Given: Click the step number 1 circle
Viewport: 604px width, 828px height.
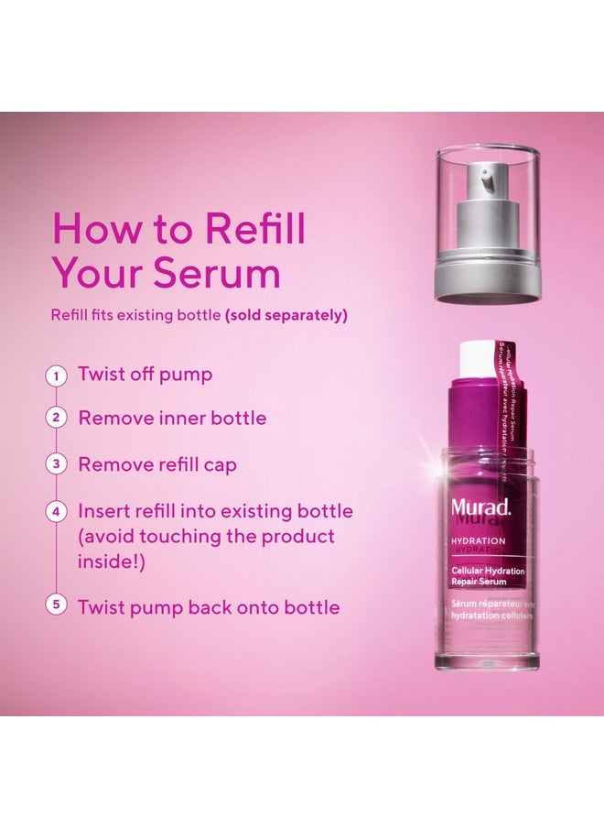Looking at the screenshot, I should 58,375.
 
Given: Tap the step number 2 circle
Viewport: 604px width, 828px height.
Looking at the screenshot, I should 58,419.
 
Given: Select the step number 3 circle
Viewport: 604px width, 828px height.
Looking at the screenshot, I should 58,464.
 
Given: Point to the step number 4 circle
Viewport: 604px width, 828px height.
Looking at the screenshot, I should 58,511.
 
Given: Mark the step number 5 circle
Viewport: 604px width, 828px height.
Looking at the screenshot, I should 58,606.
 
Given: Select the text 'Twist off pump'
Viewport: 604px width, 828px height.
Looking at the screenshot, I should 145,375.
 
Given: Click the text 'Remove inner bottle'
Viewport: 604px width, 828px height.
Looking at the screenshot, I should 172,419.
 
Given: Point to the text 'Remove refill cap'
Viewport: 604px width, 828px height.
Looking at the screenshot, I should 157,464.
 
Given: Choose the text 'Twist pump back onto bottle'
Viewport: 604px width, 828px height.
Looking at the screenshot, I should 209,606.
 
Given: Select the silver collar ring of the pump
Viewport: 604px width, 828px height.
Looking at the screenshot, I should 486,281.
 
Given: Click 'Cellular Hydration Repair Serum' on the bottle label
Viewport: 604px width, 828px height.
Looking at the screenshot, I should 487,575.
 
